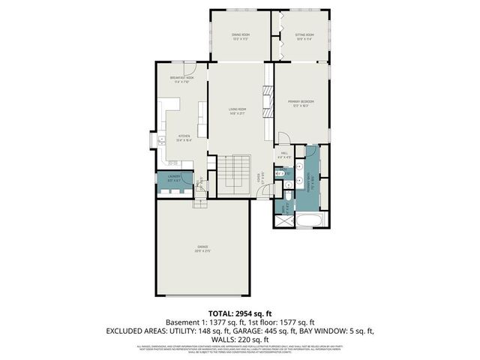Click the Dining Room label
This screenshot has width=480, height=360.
pos(239,36)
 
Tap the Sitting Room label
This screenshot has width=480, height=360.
pos(304,36)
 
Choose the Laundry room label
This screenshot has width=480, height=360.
pos(173,179)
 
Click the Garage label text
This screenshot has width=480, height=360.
pos(202,249)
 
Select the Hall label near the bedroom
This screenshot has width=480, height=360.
pos(284,156)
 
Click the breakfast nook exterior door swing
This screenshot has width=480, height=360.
pos(190,67)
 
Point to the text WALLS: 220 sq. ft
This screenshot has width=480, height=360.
pos(239,338)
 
